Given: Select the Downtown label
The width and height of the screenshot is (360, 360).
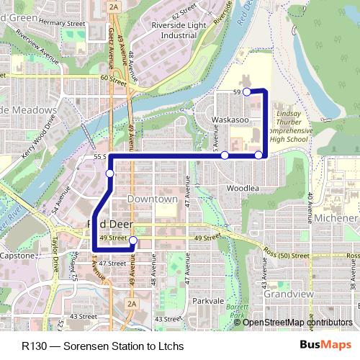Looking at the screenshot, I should (152, 198).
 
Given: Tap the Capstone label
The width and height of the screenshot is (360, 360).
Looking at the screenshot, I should (16, 256).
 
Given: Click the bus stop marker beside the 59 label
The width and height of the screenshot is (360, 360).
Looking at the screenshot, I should (246, 91).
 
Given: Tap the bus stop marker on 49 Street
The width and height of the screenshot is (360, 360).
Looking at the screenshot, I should (132, 250).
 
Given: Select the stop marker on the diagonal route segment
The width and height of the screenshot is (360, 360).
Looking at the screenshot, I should (109, 174).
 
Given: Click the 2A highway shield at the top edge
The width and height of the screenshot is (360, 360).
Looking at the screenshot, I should (114, 6).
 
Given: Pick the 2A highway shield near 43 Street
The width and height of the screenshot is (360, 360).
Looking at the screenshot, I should (131, 305).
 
